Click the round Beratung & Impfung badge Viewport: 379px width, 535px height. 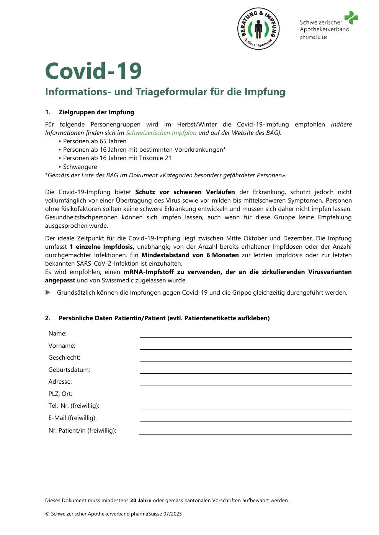coord(258,29)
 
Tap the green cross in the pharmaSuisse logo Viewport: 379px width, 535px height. coord(351,18)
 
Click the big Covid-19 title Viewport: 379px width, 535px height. coord(93,71)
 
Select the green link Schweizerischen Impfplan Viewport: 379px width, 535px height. coord(161,133)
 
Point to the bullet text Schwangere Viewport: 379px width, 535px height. coord(80,167)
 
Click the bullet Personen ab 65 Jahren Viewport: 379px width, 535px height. coord(95,141)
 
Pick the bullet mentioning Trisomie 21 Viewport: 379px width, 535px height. coord(117,158)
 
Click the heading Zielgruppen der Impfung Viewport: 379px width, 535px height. coord(96,112)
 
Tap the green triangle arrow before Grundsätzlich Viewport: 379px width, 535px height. coord(48,293)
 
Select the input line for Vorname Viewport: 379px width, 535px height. coord(245,347)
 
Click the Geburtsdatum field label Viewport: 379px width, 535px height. coord(69,370)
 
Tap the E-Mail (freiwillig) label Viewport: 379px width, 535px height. coord(72,418)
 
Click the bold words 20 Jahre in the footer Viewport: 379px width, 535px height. coord(140,501)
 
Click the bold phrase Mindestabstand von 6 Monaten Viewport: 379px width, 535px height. coord(190,255)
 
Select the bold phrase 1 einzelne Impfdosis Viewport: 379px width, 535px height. coord(102,247)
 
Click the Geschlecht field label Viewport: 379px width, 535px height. coord(64,358)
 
